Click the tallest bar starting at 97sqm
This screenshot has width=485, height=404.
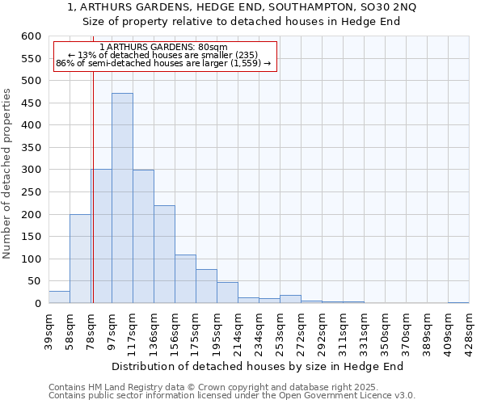coord(122,198)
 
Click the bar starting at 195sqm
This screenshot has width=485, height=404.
coord(227,292)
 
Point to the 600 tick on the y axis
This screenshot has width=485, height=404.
coord(30,36)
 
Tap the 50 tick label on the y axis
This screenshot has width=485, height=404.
coord(33,281)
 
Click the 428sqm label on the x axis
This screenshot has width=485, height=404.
coord(470,329)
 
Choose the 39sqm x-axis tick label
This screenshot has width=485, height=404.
coord(49,329)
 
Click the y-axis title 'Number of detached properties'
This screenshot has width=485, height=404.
coord(8,174)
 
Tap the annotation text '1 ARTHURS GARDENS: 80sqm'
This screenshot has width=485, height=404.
coord(164,48)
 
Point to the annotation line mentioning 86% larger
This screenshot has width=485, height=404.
coord(164,64)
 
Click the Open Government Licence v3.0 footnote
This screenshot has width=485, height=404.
coord(232,395)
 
